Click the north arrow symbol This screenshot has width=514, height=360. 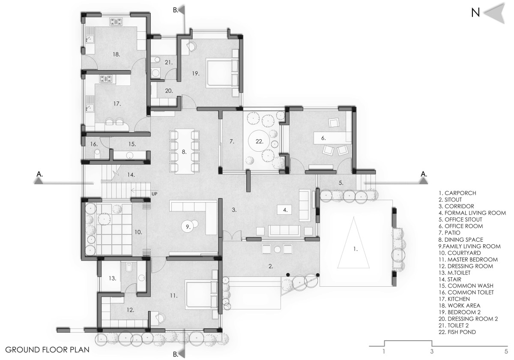pyautogui.click(x=494, y=14)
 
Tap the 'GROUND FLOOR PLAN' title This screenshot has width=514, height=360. pyautogui.click(x=47, y=350)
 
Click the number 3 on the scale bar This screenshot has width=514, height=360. pyautogui.click(x=432, y=351)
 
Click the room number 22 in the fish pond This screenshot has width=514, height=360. pyautogui.click(x=259, y=141)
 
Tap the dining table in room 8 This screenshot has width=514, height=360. pyautogui.click(x=184, y=151)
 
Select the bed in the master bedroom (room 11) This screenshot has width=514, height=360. pyautogui.click(x=201, y=295)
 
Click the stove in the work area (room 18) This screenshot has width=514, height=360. pyautogui.click(x=116, y=21)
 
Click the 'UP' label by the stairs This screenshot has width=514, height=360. pyautogui.click(x=155, y=194)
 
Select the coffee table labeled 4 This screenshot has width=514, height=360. pyautogui.click(x=284, y=210)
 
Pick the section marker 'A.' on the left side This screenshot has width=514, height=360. pyautogui.click(x=39, y=174)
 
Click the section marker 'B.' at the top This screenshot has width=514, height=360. pyautogui.click(x=176, y=10)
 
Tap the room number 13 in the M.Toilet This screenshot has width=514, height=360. pyautogui.click(x=112, y=278)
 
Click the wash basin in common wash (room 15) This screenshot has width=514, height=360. pyautogui.click(x=130, y=156)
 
